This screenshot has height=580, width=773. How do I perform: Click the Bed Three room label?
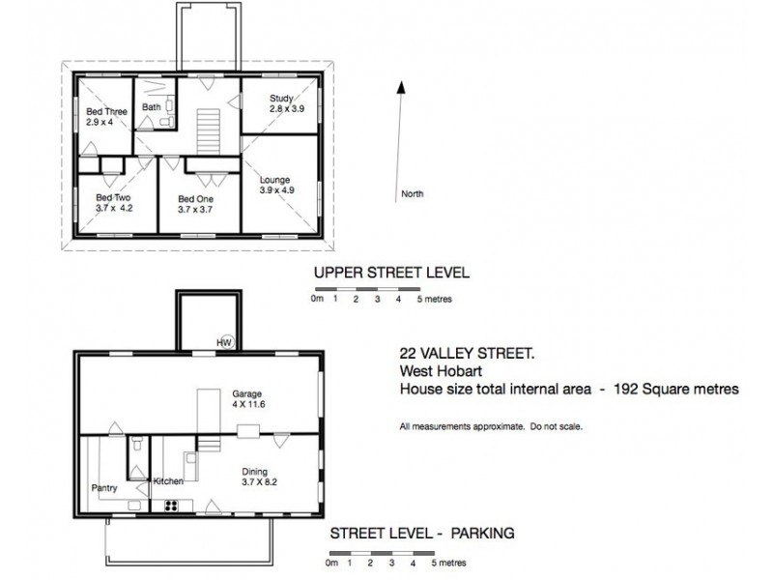(x=106, y=112)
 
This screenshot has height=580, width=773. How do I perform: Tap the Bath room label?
(x=152, y=107)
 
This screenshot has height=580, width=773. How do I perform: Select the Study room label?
(x=281, y=98)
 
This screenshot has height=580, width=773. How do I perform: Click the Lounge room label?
(x=275, y=180)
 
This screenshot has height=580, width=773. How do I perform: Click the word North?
(x=413, y=194)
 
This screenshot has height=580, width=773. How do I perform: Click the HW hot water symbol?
(x=224, y=342)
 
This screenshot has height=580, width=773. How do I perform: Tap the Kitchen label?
(x=168, y=480)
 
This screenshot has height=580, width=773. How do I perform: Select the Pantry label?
(x=104, y=488)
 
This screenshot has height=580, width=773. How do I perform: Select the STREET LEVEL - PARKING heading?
(x=421, y=533)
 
